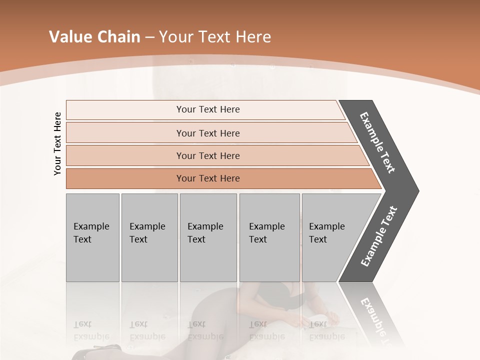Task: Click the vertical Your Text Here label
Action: (57, 144)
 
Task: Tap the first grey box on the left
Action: (92, 237)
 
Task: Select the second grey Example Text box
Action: (149, 237)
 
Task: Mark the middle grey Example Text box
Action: (208, 237)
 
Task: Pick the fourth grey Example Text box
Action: (269, 237)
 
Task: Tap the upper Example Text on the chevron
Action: (377, 142)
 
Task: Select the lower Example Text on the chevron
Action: (378, 236)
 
